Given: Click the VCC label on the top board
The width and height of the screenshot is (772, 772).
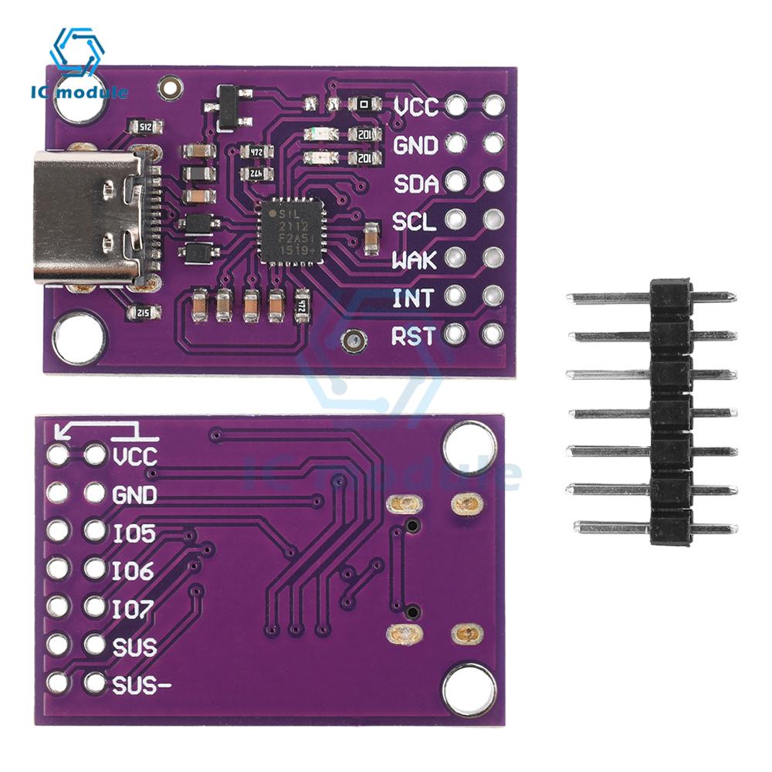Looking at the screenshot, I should tap(416, 107).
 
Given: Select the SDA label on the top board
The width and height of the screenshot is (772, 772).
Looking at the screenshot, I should tap(416, 184).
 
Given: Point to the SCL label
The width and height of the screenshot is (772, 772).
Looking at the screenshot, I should tap(415, 222).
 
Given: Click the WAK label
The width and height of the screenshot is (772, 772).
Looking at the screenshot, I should tap(415, 259).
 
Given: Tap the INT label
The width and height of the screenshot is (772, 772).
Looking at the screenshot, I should tap(414, 297).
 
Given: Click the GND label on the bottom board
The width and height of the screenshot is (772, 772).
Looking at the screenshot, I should tap(134, 494).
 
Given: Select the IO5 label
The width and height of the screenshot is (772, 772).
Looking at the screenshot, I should tap(134, 533).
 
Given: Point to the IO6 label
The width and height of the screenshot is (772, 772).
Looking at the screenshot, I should tap(133, 571).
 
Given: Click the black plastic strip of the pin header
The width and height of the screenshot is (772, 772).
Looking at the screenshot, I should tap(669, 413).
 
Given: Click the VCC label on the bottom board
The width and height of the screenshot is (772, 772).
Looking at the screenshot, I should tap(134, 456).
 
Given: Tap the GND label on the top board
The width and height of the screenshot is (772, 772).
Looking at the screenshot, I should tap(416, 145).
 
